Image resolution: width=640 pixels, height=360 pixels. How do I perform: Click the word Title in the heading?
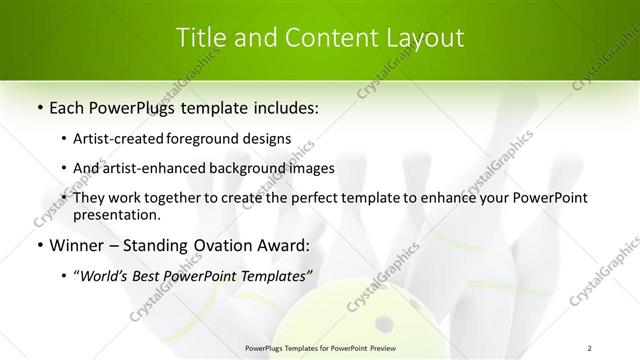pos(200,38)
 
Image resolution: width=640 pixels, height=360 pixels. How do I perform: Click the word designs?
pos(269,138)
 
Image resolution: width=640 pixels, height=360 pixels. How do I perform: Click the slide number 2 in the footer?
pos(590,347)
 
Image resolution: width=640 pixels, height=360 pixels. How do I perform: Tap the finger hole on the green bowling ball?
pos(384,323)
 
